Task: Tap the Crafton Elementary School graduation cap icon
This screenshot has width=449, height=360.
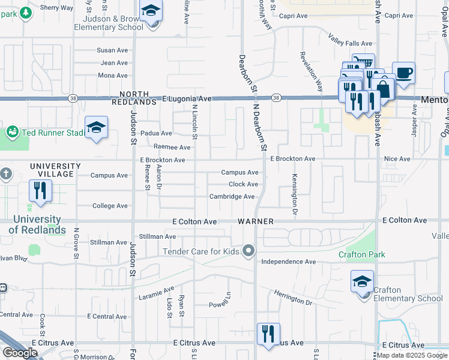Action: click(x=363, y=282)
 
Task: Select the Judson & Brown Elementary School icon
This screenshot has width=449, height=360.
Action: click(x=151, y=11)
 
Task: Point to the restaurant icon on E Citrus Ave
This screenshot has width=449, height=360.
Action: click(x=268, y=334)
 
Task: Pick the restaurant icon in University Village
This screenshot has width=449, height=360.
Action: click(x=40, y=191)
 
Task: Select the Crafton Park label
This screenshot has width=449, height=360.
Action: click(x=361, y=254)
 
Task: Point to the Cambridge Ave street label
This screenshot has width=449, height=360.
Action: click(x=232, y=197)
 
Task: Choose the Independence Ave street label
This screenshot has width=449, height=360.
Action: click(x=288, y=262)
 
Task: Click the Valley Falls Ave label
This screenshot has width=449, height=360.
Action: click(x=351, y=43)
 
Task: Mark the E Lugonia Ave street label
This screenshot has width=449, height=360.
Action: click(x=187, y=98)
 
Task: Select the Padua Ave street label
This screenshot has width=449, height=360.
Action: click(x=156, y=133)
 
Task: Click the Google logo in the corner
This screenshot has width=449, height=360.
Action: click(x=20, y=352)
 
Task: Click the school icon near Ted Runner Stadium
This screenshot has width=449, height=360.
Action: click(x=96, y=128)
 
